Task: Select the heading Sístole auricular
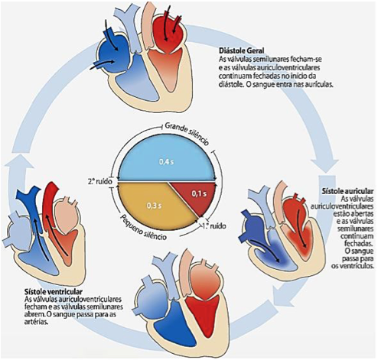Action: pyautogui.click(x=348, y=191)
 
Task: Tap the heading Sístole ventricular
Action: pyautogui.click(x=54, y=291)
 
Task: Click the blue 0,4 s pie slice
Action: pyautogui.click(x=167, y=158)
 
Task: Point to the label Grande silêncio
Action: pyautogui.click(x=187, y=134)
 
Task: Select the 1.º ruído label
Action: pyautogui.click(x=213, y=225)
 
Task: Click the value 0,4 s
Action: pyautogui.click(x=167, y=162)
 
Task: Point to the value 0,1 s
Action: pyautogui.click(x=199, y=194)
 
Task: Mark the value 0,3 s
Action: pyautogui.click(x=154, y=206)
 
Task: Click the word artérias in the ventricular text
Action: pyautogui.click(x=36, y=322)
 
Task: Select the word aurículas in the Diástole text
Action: pyautogui.click(x=319, y=85)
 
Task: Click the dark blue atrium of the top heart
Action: pyautogui.click(x=113, y=53)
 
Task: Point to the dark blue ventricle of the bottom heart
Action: pyautogui.click(x=176, y=323)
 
